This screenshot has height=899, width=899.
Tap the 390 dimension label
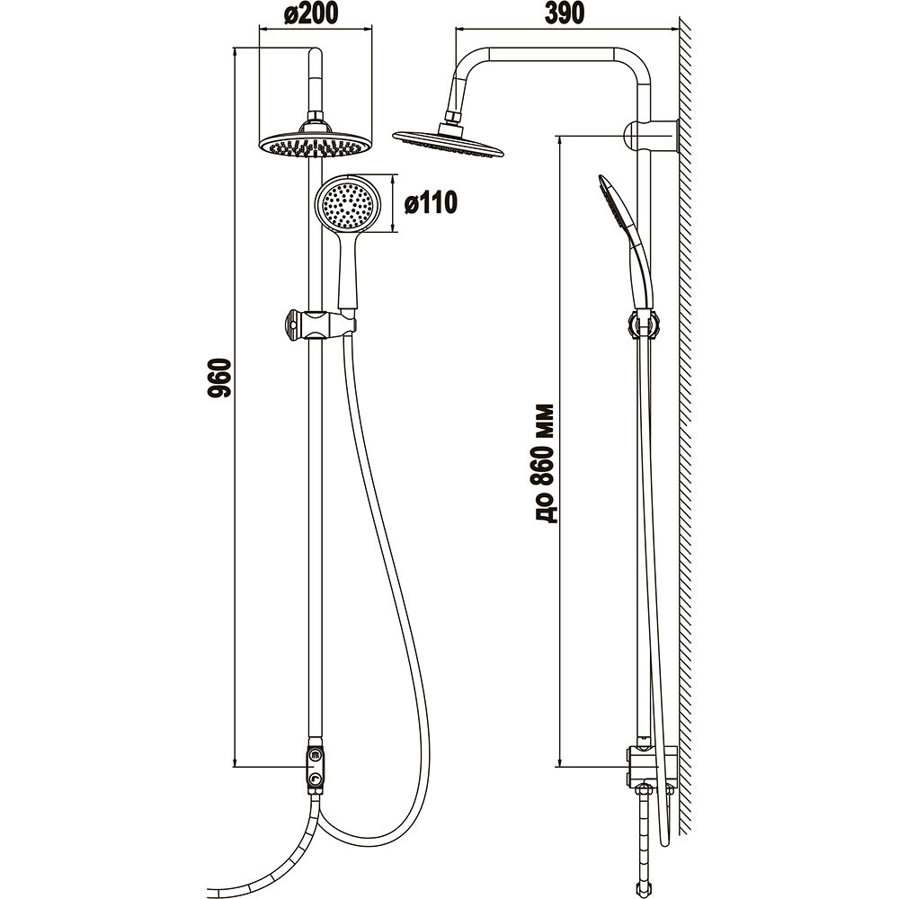[x=564, y=13]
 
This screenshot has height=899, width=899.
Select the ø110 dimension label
[x=431, y=203]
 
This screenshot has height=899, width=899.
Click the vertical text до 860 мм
[x=546, y=463]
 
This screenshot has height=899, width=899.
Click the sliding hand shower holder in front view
[x=319, y=325]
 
